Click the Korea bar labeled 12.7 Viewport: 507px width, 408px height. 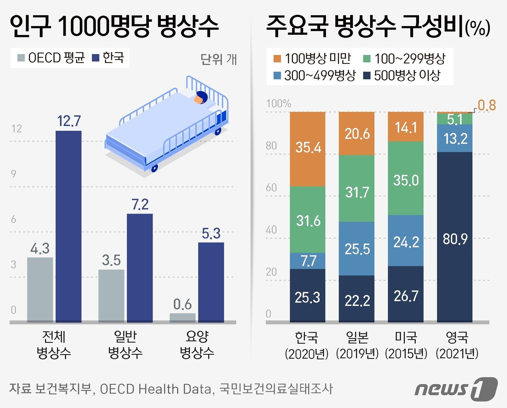pyautogui.click(x=68, y=226)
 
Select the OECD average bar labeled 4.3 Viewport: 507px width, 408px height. pyautogui.click(x=40, y=290)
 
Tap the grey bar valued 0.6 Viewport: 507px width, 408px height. pyautogui.click(x=183, y=317)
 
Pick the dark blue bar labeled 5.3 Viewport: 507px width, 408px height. pyautogui.click(x=211, y=282)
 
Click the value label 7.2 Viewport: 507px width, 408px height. pyautogui.click(x=140, y=205)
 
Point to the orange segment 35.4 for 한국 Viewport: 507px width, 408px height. pyautogui.click(x=307, y=149)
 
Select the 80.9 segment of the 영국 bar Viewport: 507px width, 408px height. pyautogui.click(x=455, y=237)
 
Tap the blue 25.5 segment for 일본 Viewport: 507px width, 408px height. pyautogui.click(x=357, y=248)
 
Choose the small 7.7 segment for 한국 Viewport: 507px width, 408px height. pyautogui.click(x=307, y=261)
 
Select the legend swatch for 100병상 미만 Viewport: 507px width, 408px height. pyautogui.click(x=277, y=59)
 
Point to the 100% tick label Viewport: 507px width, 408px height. pyautogui.click(x=278, y=104)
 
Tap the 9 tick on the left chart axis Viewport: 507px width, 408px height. pyautogui.click(x=13, y=174)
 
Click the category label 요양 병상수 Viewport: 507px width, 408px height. pyautogui.click(x=197, y=344)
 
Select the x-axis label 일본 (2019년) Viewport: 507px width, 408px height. pyautogui.click(x=357, y=345)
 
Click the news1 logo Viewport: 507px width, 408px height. pyautogui.click(x=456, y=389)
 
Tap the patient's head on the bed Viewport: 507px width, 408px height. pyautogui.click(x=200, y=97)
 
